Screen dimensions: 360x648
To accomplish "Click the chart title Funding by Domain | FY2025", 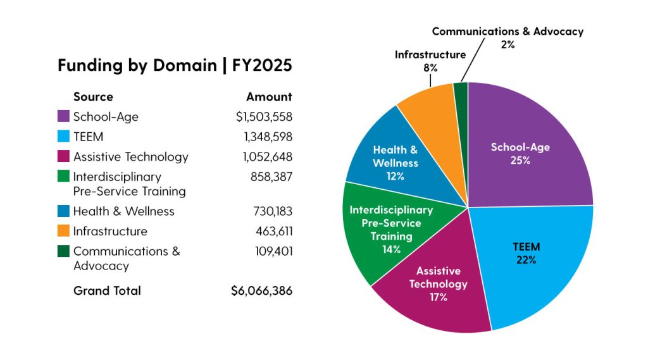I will [175, 66].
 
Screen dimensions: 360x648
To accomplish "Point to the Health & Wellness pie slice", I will [396, 162].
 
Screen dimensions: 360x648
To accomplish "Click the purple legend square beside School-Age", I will [63, 116].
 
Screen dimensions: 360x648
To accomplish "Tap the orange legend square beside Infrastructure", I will [63, 232].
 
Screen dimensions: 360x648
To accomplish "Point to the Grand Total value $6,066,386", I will [261, 291].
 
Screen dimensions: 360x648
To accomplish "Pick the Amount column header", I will [269, 97].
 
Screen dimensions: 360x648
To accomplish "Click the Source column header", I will [93, 97].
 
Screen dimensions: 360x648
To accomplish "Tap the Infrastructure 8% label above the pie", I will [430, 61].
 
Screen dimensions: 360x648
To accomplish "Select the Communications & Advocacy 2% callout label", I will [508, 37].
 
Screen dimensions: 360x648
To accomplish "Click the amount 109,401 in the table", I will [273, 251].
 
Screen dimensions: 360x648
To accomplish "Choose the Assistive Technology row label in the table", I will [130, 157].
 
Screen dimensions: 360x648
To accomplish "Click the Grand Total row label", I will [107, 291].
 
